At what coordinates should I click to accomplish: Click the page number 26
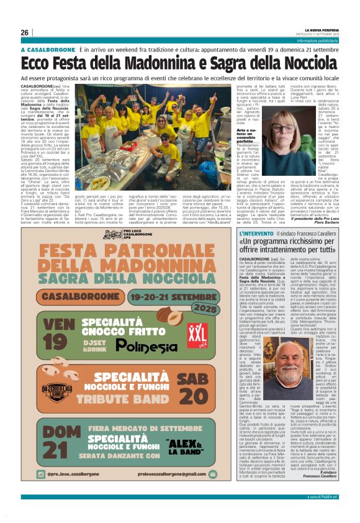[25, 33]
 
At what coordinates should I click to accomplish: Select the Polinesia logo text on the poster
[146, 345]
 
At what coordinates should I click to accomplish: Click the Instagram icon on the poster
[42, 473]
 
